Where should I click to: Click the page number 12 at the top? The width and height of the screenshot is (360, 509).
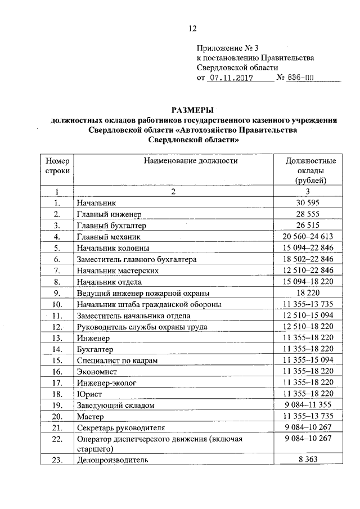click(192, 29)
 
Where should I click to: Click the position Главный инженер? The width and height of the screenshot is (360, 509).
click(109, 214)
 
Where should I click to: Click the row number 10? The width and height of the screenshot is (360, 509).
click(56, 304)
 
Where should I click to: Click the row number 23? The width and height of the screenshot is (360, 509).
click(56, 460)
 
